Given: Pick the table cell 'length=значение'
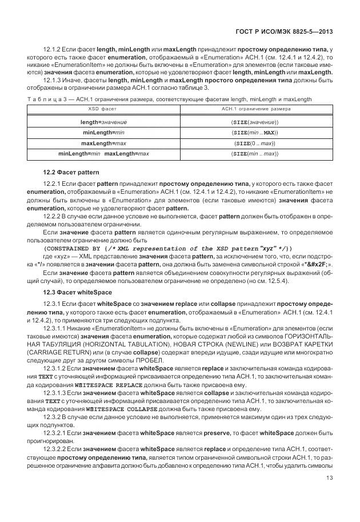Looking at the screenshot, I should coord(103,122).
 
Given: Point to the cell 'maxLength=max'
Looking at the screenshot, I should coord(103,142).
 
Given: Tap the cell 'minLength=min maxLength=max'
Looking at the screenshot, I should coord(103,153).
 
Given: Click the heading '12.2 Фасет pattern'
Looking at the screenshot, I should coord(71,172).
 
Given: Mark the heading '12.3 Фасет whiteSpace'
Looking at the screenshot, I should coord(77,292).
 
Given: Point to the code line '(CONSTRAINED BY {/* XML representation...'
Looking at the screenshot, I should coord(169,248).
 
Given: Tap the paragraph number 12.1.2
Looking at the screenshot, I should coord(53,50).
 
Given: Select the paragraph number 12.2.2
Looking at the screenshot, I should coord(53,217).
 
